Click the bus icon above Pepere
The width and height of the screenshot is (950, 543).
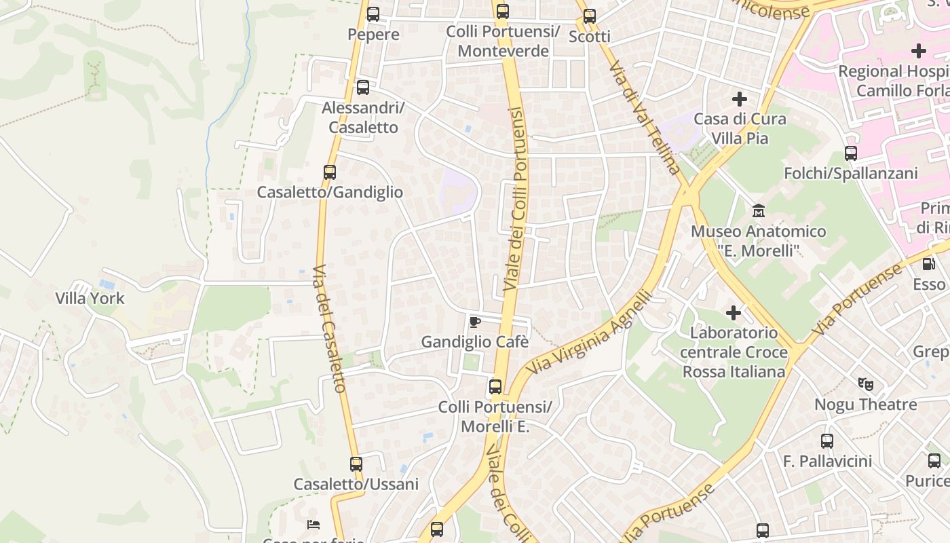(x=373, y=14)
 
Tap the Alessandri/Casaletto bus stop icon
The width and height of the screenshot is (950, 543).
(x=363, y=87)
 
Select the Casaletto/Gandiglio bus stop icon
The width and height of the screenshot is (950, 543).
(x=330, y=172)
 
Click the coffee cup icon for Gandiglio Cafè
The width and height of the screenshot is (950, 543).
(x=475, y=321)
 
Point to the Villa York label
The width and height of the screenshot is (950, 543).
(x=90, y=298)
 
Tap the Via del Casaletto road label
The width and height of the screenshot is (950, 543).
(x=330, y=329)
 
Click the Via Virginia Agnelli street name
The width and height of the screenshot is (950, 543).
(x=589, y=333)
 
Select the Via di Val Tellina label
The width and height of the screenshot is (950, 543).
(x=644, y=117)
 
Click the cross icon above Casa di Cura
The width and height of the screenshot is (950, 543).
(x=740, y=99)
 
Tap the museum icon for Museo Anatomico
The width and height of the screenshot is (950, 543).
(x=759, y=210)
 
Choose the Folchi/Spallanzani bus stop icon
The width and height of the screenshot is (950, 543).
(x=851, y=153)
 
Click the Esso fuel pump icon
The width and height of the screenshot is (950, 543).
(x=928, y=263)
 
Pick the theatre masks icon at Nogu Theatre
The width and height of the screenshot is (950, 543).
(x=866, y=384)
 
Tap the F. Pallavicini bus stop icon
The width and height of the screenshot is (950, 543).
(x=827, y=441)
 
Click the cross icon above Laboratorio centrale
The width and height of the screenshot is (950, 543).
(x=734, y=312)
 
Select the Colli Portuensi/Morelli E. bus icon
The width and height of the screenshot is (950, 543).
(x=495, y=386)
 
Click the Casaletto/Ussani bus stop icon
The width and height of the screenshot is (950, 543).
(x=356, y=464)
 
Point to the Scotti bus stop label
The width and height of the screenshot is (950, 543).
(x=589, y=36)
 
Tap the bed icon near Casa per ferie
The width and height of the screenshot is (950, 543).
(x=313, y=524)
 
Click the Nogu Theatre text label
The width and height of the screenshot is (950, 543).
(x=866, y=405)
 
